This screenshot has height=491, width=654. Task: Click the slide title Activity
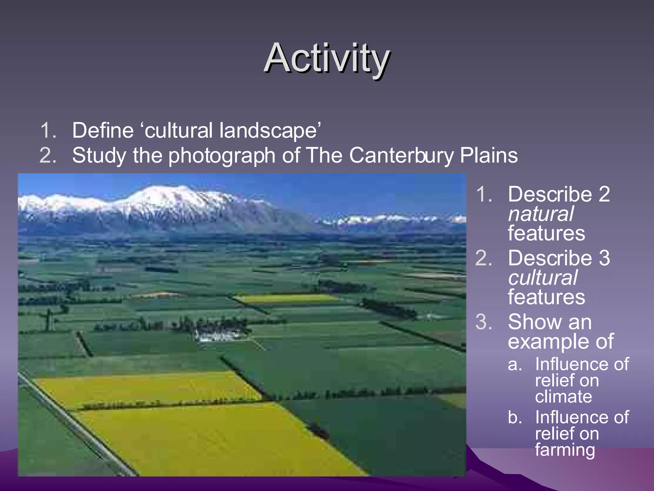(x=326, y=58)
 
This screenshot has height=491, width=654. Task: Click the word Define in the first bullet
(x=103, y=130)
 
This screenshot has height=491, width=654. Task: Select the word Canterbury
(x=401, y=155)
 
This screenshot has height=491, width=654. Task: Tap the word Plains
(x=489, y=155)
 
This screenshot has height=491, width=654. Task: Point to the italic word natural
(x=541, y=214)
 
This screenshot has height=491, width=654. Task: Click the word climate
(x=563, y=397)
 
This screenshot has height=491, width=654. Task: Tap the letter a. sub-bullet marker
(x=515, y=364)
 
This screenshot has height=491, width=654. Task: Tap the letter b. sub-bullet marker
(x=515, y=417)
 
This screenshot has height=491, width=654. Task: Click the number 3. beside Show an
(x=483, y=322)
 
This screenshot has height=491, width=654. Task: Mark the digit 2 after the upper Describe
(x=604, y=194)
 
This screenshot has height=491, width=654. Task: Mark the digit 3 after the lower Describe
(x=604, y=258)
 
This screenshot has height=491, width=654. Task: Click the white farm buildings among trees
(x=217, y=336)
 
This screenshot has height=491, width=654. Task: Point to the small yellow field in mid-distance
(x=287, y=299)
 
